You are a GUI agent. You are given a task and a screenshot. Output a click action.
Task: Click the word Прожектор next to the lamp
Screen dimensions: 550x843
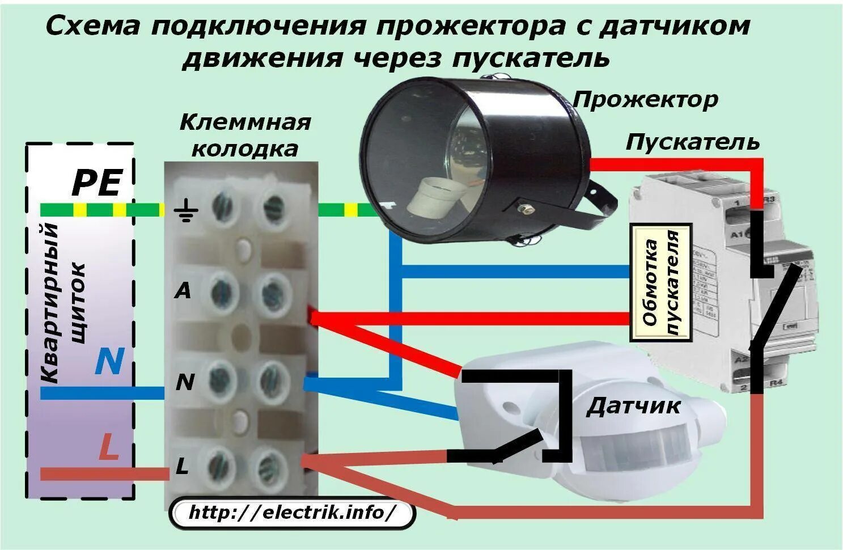click(645, 100)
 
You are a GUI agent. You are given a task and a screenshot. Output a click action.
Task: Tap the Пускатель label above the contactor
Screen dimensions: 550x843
click(692, 142)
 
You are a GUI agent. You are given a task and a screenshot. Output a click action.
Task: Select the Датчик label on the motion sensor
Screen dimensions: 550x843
click(633, 406)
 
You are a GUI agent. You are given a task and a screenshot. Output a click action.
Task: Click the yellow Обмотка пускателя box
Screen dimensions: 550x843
click(662, 282)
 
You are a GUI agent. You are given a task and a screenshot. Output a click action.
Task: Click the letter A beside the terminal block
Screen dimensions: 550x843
click(183, 291)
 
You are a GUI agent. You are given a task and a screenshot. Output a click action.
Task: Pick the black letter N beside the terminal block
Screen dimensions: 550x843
click(185, 383)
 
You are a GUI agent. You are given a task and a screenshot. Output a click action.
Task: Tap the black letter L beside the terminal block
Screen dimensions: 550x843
click(182, 467)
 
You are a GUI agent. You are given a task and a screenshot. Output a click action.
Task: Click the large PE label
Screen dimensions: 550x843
click(96, 183)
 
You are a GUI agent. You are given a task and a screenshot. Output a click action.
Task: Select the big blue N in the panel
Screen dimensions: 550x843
click(108, 361)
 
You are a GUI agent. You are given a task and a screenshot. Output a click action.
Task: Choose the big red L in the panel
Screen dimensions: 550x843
click(108, 447)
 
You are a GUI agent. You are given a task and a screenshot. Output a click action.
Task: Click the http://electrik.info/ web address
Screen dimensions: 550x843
click(292, 513)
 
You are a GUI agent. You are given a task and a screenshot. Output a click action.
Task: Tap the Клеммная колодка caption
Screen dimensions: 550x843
click(245, 135)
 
